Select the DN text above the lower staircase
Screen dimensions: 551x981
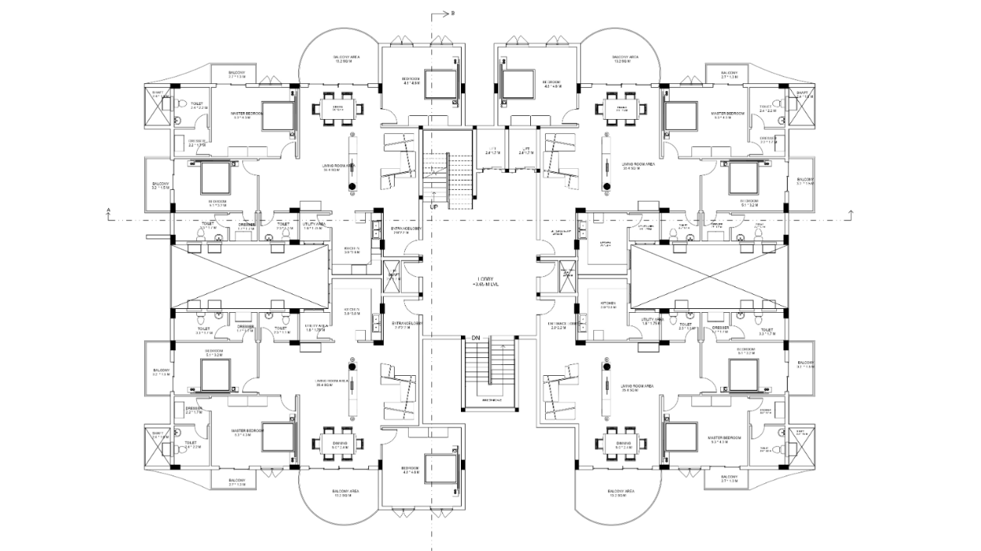tap(476, 338)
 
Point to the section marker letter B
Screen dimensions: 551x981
tap(453, 13)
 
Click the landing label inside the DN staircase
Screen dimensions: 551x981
tap(491, 401)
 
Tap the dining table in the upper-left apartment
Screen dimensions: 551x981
tap(339, 109)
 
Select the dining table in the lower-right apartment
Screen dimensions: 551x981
tap(621, 444)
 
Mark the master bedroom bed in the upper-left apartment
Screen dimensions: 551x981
tap(276, 115)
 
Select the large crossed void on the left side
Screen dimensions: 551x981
tap(249, 275)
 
